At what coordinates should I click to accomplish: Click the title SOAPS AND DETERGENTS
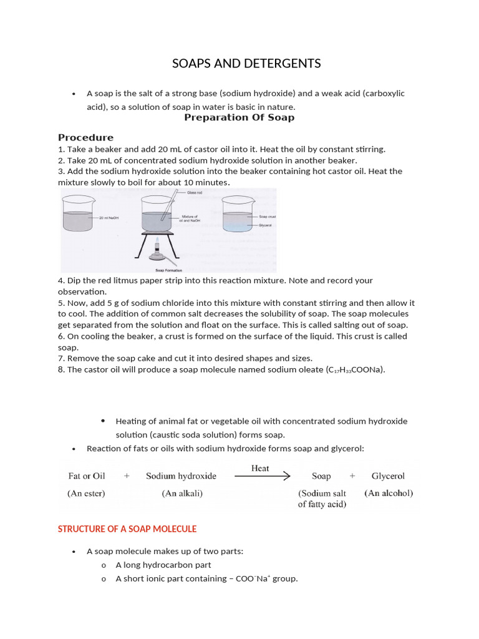click(x=246, y=63)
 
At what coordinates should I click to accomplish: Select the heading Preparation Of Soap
click(x=239, y=117)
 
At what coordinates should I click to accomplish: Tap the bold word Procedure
click(x=85, y=137)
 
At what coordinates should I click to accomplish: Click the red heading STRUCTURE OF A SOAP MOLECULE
click(x=127, y=529)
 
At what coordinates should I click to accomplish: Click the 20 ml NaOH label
click(x=109, y=217)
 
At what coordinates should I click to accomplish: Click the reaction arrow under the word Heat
click(x=262, y=476)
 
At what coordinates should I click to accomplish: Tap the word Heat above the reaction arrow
click(x=260, y=468)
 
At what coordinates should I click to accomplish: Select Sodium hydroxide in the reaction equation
click(x=181, y=476)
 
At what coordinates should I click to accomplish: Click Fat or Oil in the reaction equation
click(x=87, y=476)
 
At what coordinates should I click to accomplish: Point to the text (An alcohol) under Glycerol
click(x=389, y=493)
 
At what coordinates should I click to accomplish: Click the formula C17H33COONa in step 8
click(x=355, y=370)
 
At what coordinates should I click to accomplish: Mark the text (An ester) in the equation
click(x=86, y=493)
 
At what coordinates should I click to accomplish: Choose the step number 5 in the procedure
click(x=60, y=303)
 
